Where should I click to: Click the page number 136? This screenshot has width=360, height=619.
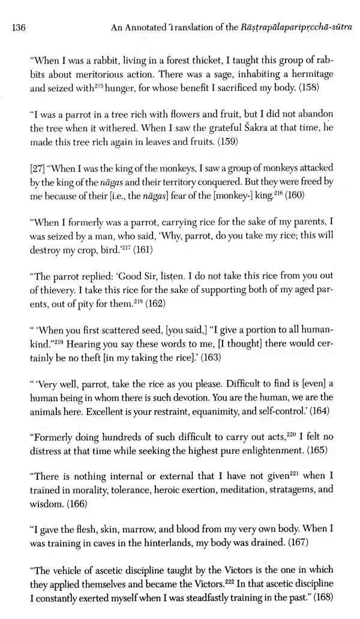pyautogui.click(x=19, y=26)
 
